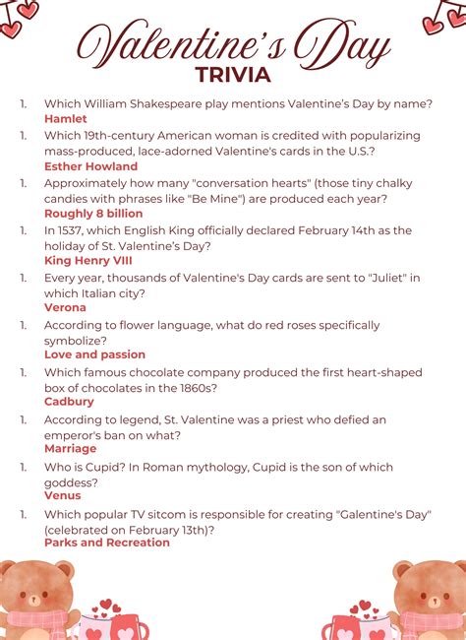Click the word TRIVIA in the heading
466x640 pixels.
(x=233, y=74)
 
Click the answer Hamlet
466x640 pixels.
(x=66, y=119)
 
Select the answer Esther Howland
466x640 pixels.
(x=91, y=166)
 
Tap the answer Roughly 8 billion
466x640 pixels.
(x=93, y=214)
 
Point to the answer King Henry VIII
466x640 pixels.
(x=88, y=261)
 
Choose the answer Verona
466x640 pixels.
(x=66, y=307)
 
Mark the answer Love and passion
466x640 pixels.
(x=95, y=354)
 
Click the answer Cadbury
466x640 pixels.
(x=70, y=402)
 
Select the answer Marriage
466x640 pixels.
(x=71, y=449)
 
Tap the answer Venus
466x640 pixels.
(x=63, y=495)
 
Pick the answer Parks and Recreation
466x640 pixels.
(x=107, y=543)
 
